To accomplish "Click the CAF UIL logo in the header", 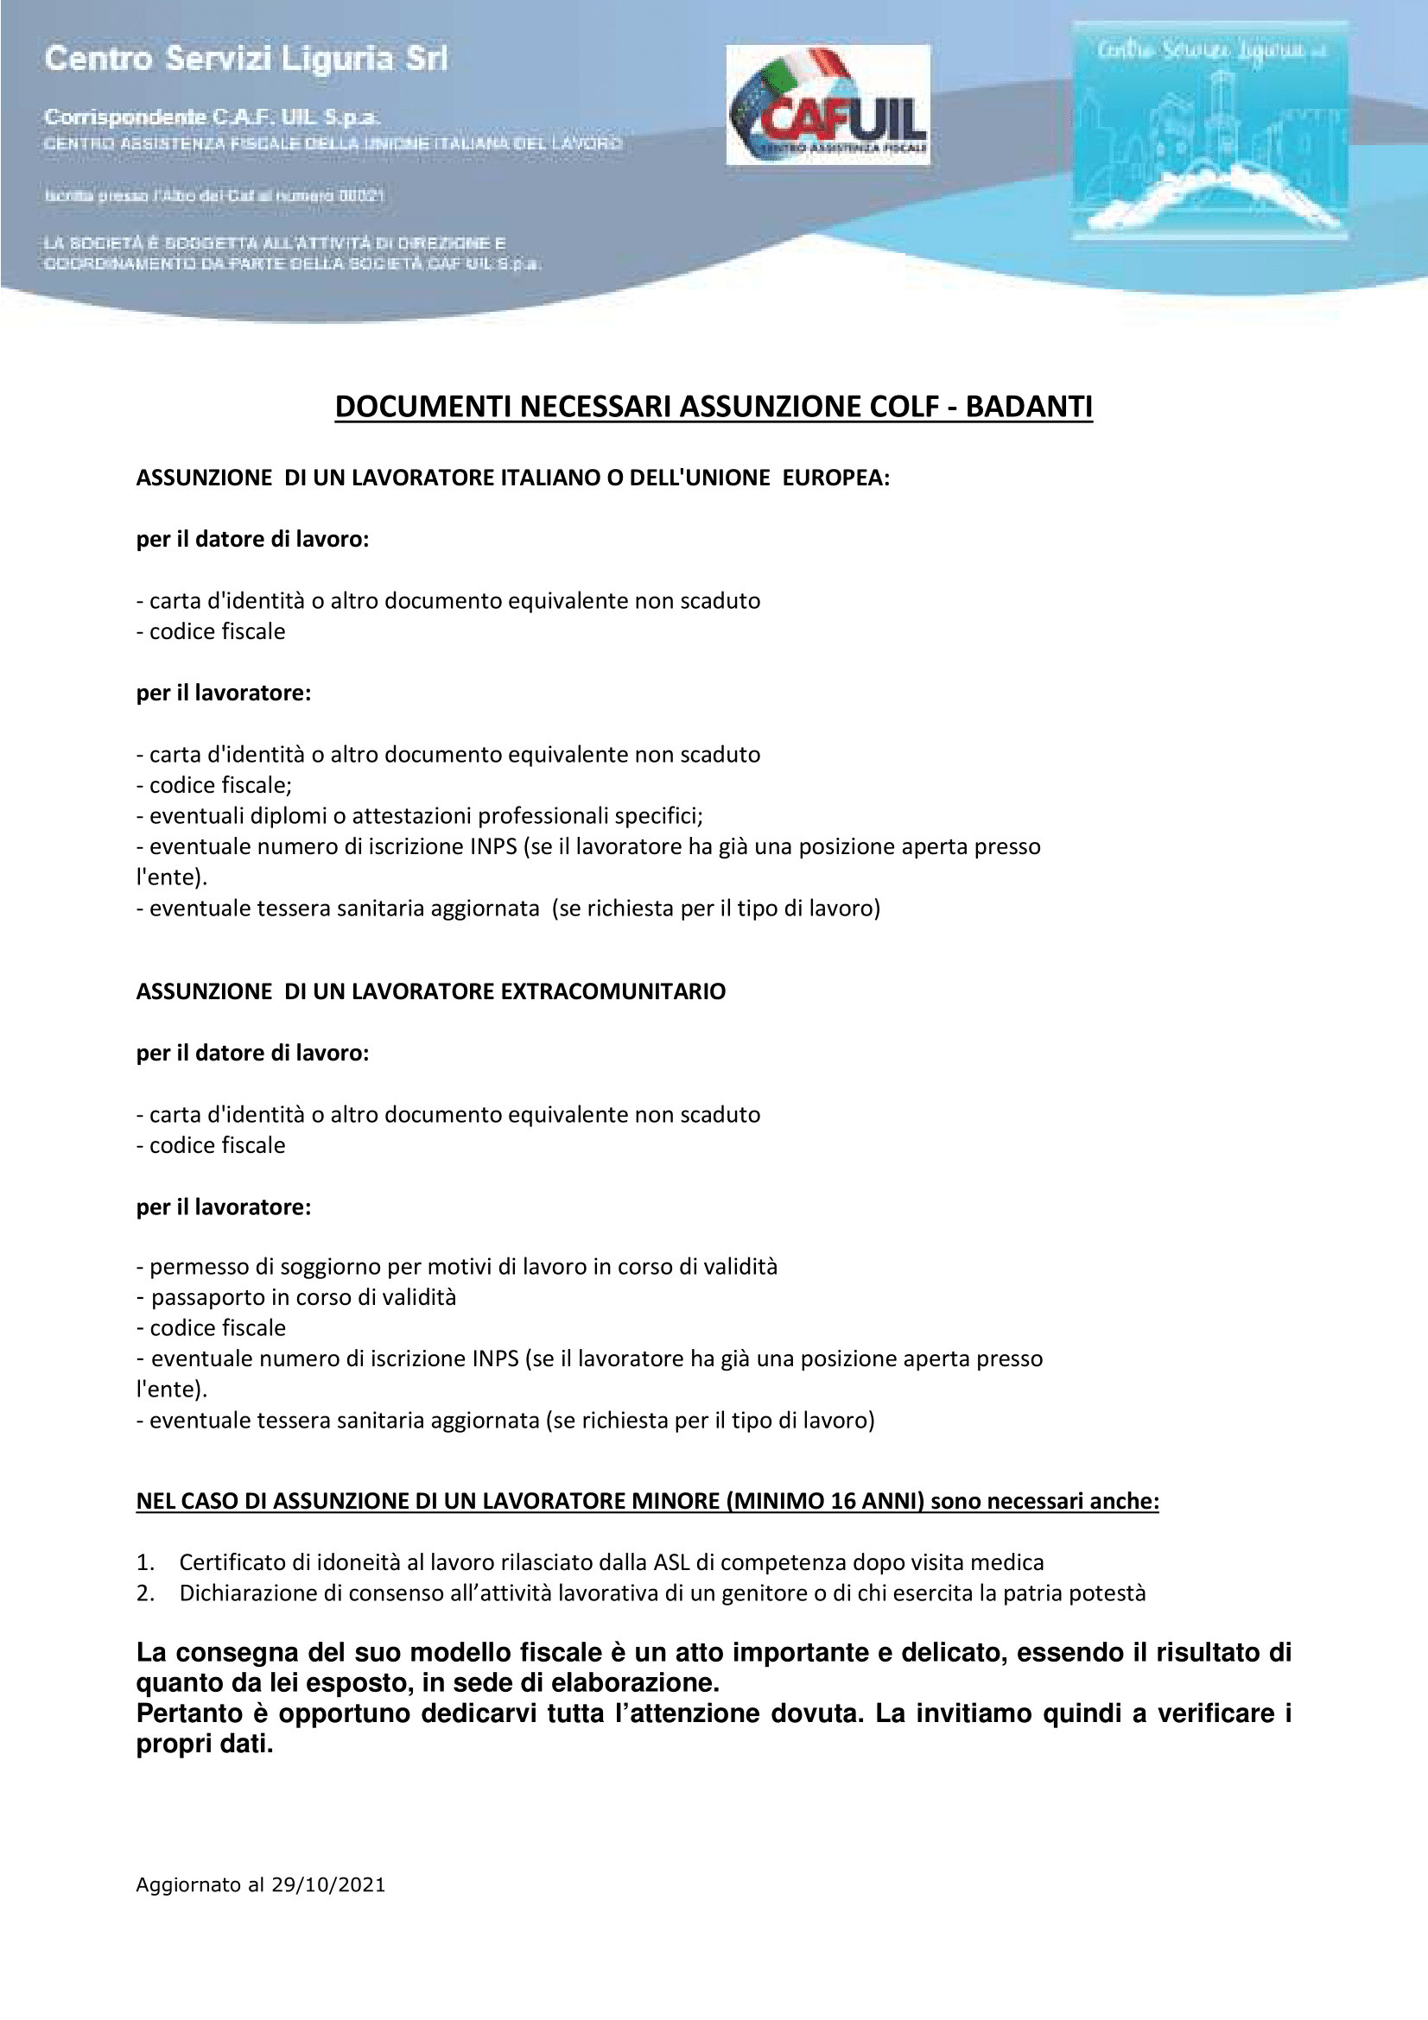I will [827, 105].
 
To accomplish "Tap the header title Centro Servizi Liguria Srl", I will [245, 59].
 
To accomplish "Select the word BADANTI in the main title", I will [1029, 407].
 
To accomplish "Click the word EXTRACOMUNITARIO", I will [612, 991].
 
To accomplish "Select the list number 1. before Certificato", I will [145, 1562].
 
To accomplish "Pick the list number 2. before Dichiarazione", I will [145, 1593].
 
